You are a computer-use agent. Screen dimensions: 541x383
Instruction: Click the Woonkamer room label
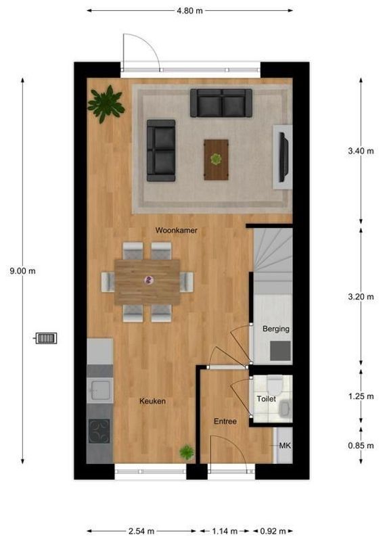(x=177, y=231)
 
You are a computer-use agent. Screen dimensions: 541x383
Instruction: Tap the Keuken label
(x=152, y=401)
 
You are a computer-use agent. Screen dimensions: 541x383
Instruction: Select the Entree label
(x=225, y=421)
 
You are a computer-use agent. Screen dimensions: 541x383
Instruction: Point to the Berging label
(x=275, y=329)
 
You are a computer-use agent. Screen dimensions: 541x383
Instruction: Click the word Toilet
(x=266, y=400)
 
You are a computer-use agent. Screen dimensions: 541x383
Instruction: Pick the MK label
(x=285, y=446)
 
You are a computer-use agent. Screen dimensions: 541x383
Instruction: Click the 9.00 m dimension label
(x=22, y=271)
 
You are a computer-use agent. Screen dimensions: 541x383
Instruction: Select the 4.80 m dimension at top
(x=190, y=11)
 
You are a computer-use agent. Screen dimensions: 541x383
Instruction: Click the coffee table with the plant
(x=216, y=159)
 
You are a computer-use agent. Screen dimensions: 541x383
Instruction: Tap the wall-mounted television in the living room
(x=284, y=157)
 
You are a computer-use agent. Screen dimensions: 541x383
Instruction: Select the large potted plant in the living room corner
(x=106, y=103)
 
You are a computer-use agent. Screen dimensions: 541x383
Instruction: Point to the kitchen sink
(x=100, y=390)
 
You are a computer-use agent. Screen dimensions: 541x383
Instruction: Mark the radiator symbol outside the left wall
(x=46, y=337)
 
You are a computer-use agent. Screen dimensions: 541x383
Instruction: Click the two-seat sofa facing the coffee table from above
(x=220, y=103)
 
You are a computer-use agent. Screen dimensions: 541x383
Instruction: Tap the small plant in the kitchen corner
(x=185, y=452)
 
